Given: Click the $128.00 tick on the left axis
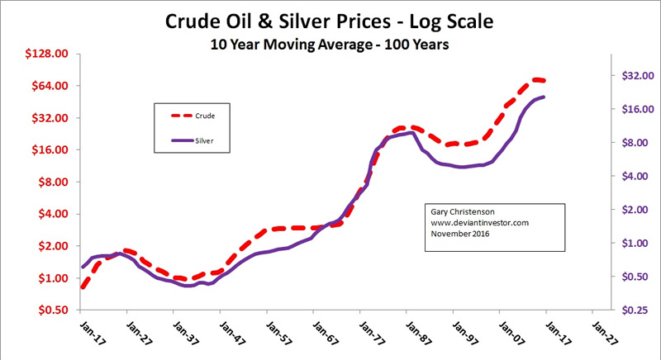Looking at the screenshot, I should coord(48,54).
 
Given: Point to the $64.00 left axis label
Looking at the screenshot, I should coord(50,86).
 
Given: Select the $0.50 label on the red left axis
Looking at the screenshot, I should coord(54,310).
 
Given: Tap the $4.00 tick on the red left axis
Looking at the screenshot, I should coord(54,214).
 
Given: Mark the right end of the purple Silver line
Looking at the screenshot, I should coord(544,97).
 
